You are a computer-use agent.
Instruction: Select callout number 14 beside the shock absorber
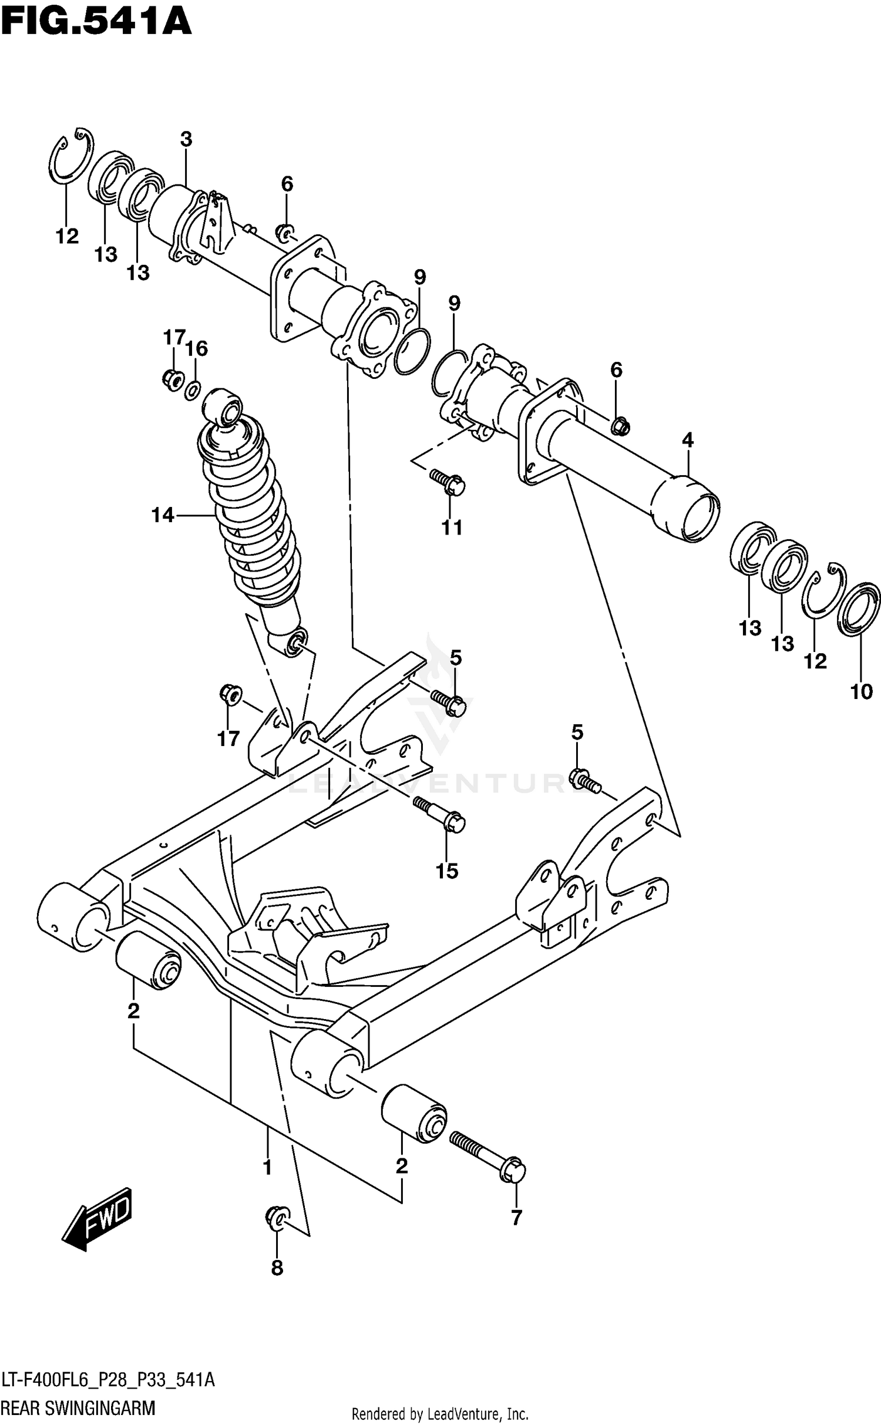[x=163, y=515]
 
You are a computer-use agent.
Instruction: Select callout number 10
[x=861, y=692]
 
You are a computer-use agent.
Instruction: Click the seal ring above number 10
[x=859, y=609]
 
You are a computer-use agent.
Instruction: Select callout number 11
[x=452, y=527]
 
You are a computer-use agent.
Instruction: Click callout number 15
[x=446, y=871]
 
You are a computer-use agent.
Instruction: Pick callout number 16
[x=197, y=348]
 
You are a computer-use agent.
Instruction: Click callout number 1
[x=267, y=1167]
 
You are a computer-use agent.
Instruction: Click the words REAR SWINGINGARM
[x=78, y=1407]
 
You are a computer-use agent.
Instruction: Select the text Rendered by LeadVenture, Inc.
[x=440, y=1413]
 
